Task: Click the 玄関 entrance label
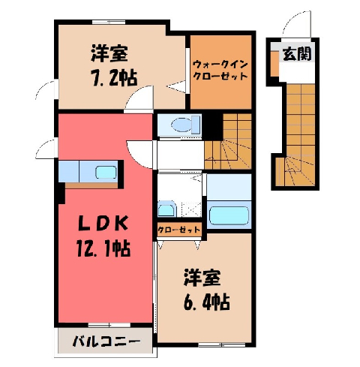pyautogui.click(x=297, y=54)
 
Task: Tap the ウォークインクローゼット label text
pyautogui.click(x=220, y=71)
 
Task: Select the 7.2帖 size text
pyautogui.click(x=115, y=77)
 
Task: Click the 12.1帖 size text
pyautogui.click(x=103, y=248)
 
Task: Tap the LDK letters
pyautogui.click(x=103, y=223)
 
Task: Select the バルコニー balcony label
pyautogui.click(x=106, y=341)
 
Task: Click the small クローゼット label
pyautogui.click(x=179, y=230)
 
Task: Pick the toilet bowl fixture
pyautogui.click(x=186, y=125)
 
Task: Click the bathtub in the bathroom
pyautogui.click(x=229, y=215)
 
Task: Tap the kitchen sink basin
pyautogui.click(x=106, y=173)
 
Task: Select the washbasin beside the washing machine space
pyautogui.click(x=166, y=209)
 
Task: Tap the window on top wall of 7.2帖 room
pyautogui.click(x=109, y=22)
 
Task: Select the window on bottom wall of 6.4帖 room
pyautogui.click(x=222, y=345)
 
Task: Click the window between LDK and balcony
pyautogui.click(x=109, y=325)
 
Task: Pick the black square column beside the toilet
pyautogui.click(x=212, y=127)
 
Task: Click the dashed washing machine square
pyautogui.click(x=191, y=209)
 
